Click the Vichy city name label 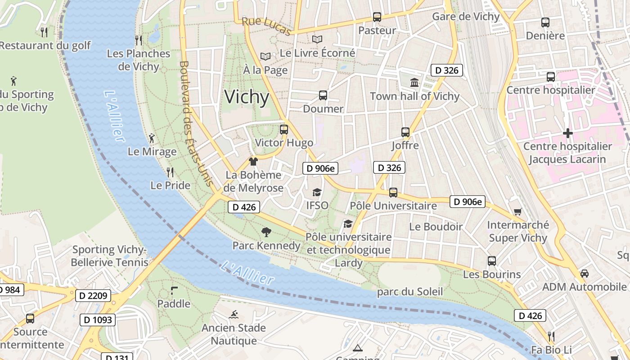pyautogui.click(x=247, y=97)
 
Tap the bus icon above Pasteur pyautogui.click(x=377, y=17)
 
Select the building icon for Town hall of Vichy pyautogui.click(x=414, y=83)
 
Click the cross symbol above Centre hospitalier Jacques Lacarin pyautogui.click(x=568, y=133)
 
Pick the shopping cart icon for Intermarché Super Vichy pyautogui.click(x=518, y=211)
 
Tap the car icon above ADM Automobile pyautogui.click(x=584, y=273)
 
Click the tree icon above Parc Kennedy pyautogui.click(x=266, y=232)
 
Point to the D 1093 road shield pyautogui.click(x=98, y=320)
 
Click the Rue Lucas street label pyautogui.click(x=266, y=26)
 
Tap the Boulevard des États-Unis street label pyautogui.click(x=196, y=124)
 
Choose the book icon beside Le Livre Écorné pyautogui.click(x=317, y=40)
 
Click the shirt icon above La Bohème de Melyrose pyautogui.click(x=253, y=162)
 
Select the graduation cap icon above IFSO pyautogui.click(x=317, y=192)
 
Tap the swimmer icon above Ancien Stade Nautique pyautogui.click(x=234, y=315)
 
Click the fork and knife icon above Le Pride pyautogui.click(x=170, y=172)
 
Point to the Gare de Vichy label pyautogui.click(x=466, y=17)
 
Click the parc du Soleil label pyautogui.click(x=410, y=292)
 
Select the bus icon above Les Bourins pyautogui.click(x=492, y=261)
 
